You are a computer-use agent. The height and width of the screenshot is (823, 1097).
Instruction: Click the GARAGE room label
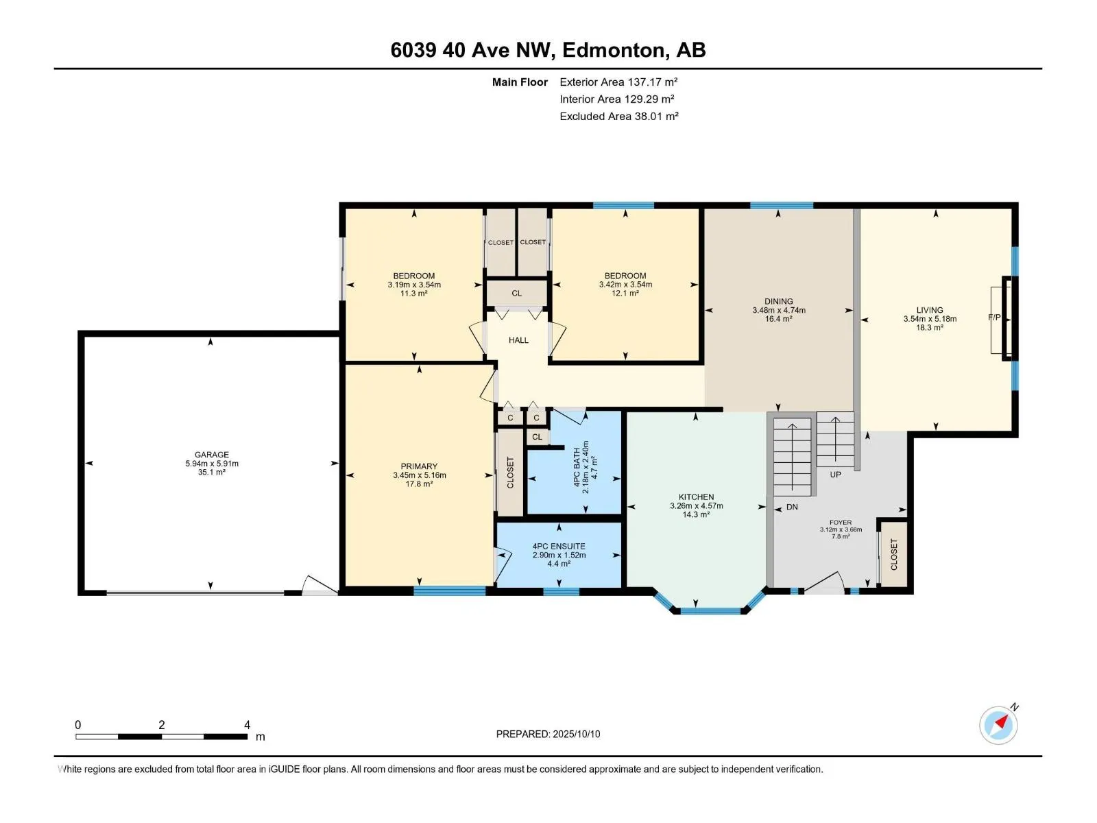coord(211,455)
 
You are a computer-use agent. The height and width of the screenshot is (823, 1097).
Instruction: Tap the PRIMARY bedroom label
coord(419,466)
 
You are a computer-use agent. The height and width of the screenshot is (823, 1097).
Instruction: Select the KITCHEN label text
coord(696,497)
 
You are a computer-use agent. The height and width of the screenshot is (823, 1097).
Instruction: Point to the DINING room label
coord(779,301)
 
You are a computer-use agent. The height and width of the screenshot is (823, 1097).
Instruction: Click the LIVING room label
coord(930,310)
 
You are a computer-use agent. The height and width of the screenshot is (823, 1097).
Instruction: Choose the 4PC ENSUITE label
coord(559,546)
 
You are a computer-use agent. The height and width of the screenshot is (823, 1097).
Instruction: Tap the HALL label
coord(518,340)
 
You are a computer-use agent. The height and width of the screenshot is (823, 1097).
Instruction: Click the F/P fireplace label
coord(994,318)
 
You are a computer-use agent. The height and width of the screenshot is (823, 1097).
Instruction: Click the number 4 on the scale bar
coord(247,724)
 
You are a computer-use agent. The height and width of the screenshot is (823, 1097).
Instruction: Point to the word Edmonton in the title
coord(616,50)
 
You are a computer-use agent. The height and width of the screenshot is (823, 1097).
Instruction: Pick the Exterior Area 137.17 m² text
coord(618,82)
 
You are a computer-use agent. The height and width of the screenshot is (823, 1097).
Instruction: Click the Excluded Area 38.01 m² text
coord(618,117)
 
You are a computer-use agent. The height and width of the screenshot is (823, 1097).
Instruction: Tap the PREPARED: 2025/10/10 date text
coord(548,734)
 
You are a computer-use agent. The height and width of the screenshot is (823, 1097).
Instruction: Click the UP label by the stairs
coord(835,474)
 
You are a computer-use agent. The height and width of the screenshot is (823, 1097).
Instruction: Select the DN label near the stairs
coord(792,507)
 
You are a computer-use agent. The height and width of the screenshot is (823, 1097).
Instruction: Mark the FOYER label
coord(840,523)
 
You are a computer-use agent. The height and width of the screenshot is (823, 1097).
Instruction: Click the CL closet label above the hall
coord(517,294)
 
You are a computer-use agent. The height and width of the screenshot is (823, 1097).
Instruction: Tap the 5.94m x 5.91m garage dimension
coord(211,463)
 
